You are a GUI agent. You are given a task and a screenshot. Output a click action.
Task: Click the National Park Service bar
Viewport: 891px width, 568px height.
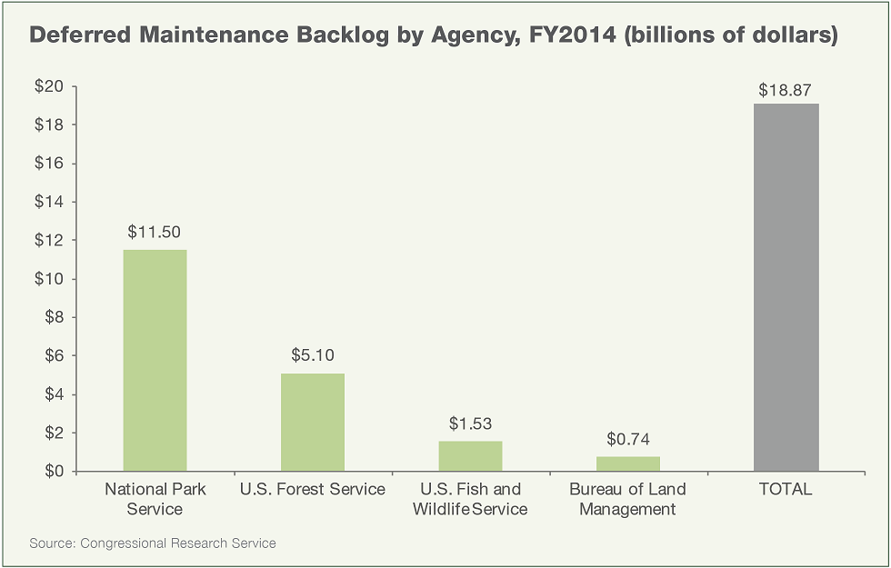point(155,361)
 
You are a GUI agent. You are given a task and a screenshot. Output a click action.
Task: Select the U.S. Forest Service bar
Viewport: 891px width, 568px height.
point(313,423)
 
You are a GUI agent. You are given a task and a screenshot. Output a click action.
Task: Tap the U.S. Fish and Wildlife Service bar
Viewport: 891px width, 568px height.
point(470,456)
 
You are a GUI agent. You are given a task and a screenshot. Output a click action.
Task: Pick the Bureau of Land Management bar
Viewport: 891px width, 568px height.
point(628,463)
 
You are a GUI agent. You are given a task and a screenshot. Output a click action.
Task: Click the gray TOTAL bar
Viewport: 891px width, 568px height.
point(786,287)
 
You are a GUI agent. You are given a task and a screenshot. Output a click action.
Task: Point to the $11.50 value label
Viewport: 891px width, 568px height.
point(155,231)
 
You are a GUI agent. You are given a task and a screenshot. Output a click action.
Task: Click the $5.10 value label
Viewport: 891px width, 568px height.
point(313,354)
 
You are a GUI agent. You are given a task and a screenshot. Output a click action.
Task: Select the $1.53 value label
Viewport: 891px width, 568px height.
point(470,423)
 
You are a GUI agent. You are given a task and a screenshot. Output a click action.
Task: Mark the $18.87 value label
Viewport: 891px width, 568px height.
point(786,90)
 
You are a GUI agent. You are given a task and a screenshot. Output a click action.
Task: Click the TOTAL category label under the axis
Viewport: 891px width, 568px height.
point(786,490)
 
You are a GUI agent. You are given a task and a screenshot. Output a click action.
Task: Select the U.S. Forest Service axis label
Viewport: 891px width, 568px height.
point(313,490)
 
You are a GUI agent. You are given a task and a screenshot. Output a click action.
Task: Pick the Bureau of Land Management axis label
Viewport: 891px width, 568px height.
point(628,499)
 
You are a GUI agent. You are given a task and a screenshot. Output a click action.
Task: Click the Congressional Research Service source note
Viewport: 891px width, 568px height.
point(153,543)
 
